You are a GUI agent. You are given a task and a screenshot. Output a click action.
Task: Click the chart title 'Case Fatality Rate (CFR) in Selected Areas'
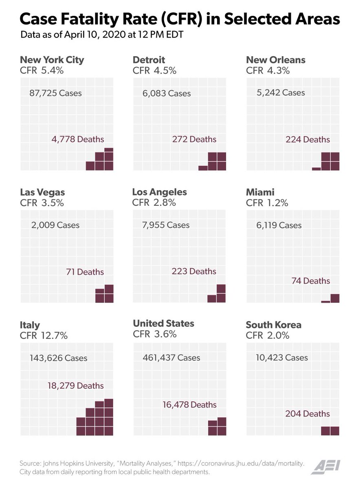(x=180, y=19)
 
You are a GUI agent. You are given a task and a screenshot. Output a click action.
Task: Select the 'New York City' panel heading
(x=52, y=60)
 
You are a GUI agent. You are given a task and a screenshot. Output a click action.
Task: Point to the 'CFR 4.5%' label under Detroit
(x=154, y=70)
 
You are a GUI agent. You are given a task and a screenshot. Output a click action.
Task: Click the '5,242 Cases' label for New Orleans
(x=281, y=93)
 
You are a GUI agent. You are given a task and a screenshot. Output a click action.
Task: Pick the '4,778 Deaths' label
(x=78, y=139)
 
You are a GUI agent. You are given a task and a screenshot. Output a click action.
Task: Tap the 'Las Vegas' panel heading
(x=42, y=192)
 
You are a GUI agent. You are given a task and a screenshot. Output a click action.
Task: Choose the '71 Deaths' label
(x=85, y=272)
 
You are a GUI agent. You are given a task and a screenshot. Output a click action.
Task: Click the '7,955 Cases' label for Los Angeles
(x=166, y=225)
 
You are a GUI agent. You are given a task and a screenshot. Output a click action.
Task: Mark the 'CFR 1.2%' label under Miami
(x=267, y=203)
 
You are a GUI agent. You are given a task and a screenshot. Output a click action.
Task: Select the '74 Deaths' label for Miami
(x=311, y=281)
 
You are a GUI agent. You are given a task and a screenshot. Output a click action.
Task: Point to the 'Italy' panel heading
(x=30, y=325)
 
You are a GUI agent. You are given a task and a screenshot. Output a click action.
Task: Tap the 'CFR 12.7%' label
(x=44, y=336)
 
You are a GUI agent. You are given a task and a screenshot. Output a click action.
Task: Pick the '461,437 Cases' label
(x=171, y=358)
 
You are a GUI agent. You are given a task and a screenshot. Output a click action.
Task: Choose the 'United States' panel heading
(x=163, y=324)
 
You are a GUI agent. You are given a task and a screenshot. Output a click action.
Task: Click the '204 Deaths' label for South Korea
(x=308, y=414)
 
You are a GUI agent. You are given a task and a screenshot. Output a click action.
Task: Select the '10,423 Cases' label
(x=282, y=358)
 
